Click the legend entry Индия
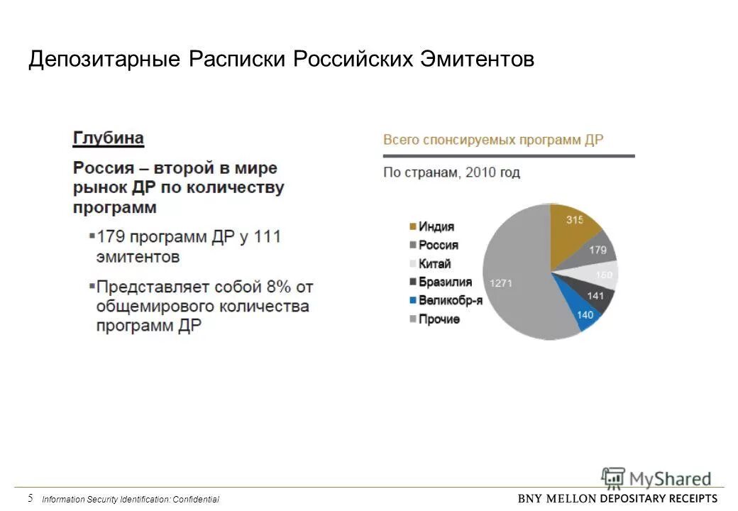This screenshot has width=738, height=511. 436,227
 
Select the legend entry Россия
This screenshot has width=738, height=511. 438,246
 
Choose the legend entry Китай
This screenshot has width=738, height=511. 434,264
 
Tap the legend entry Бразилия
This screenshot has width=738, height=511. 444,282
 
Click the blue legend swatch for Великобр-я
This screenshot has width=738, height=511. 412,301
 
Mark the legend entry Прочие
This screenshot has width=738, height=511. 439,319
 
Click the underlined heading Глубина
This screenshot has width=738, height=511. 109,138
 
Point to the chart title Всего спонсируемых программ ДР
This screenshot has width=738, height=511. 493,140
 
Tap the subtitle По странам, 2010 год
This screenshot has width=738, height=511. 451,172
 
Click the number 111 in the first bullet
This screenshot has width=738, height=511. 266,236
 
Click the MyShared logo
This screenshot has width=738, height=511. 656,478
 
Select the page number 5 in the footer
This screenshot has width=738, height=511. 31,498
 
